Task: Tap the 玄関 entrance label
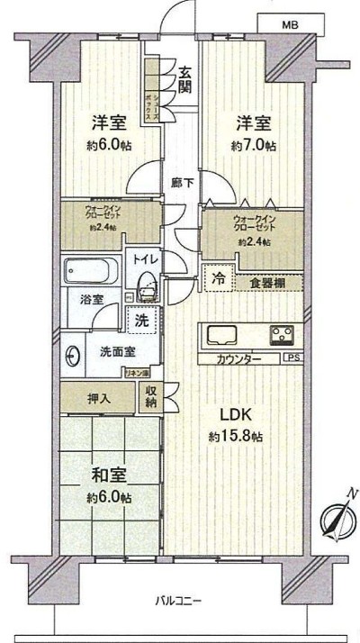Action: [184, 80]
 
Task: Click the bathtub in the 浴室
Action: [90, 270]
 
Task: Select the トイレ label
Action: [144, 259]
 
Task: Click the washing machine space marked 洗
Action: [142, 318]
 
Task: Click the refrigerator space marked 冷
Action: [217, 279]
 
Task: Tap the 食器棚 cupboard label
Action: [267, 281]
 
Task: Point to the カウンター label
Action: [239, 359]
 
